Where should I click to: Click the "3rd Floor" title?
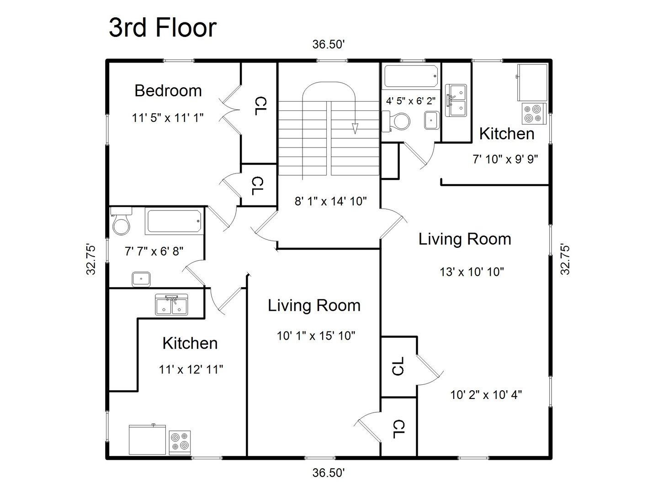(x=163, y=28)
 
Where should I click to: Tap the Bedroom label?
(x=168, y=91)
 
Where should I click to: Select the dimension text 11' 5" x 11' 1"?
(x=168, y=118)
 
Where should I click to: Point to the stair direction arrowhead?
(x=355, y=128)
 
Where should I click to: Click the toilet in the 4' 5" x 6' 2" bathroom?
(x=396, y=121)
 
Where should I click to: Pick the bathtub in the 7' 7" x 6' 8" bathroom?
(x=173, y=221)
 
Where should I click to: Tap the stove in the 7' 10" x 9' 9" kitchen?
(x=534, y=114)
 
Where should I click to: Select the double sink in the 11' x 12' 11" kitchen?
(x=171, y=304)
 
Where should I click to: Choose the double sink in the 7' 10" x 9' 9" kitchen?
(x=456, y=100)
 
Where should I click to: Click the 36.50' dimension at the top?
(x=329, y=44)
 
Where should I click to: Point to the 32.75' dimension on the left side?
(x=91, y=260)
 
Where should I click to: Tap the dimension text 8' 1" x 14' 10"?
(x=331, y=201)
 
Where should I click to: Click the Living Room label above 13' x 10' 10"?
(x=465, y=239)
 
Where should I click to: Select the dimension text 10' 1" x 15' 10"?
(x=316, y=336)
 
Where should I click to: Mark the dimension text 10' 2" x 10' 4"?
(x=486, y=394)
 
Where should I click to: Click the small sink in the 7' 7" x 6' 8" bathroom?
(x=141, y=279)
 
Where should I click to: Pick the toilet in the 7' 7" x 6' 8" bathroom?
(x=121, y=220)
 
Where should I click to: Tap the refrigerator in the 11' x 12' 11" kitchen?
(x=147, y=440)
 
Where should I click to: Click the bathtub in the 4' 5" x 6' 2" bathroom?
(x=411, y=77)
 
